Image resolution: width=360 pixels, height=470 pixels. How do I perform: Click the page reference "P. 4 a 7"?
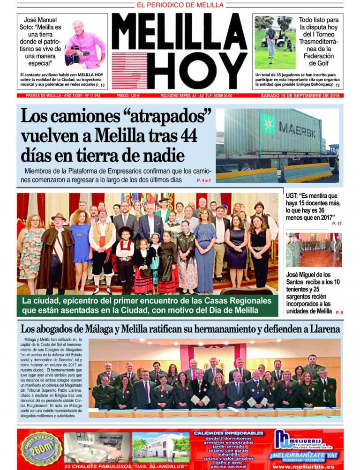pos(204,180)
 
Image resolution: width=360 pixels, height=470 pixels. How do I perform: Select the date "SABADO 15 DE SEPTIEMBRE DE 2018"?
pos(302,96)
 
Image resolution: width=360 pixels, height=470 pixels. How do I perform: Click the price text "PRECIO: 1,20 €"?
pos(128,96)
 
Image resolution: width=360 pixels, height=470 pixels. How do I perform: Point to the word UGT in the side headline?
pos(293,196)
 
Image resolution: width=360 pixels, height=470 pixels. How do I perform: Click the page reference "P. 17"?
pos(337,224)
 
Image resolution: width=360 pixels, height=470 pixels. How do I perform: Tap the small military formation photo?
pos(314,249)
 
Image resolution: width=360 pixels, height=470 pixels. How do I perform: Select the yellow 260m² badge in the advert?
pos(42,448)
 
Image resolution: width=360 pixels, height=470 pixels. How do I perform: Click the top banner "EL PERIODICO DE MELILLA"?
pos(180,5)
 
